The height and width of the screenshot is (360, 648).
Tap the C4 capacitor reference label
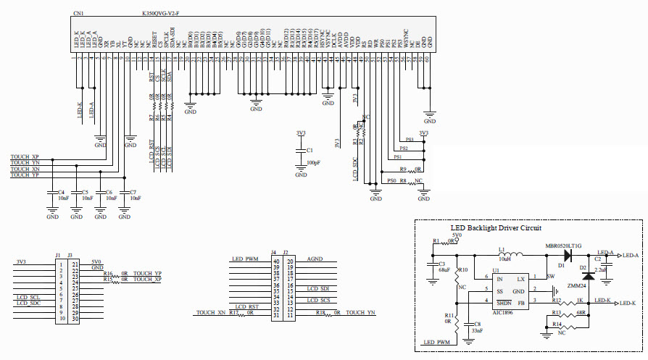click(61, 192)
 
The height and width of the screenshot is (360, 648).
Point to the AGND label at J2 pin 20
click(315, 259)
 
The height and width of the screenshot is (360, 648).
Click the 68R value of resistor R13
click(581, 312)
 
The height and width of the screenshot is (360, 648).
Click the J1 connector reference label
click(58, 254)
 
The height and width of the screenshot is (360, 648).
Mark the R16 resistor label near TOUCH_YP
click(108, 273)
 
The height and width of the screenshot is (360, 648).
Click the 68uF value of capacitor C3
click(444, 270)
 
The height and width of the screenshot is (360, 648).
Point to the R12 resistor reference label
click(556, 300)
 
